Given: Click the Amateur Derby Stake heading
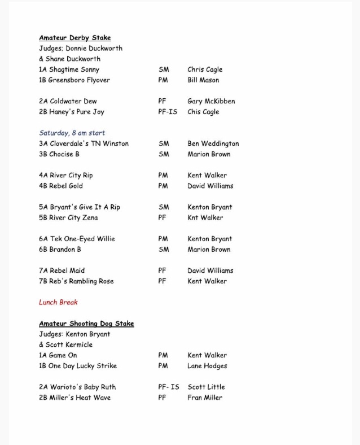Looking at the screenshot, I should click(75, 38).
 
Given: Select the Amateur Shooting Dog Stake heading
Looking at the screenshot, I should click(86, 324).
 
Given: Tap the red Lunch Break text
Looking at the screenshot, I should click(58, 302).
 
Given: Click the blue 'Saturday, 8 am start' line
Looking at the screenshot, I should click(72, 133).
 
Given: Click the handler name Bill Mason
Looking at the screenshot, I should click(203, 80).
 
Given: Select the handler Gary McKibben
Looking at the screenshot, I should click(211, 102).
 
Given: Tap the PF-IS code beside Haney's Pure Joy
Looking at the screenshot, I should click(168, 112).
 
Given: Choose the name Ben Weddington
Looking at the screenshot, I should click(214, 144).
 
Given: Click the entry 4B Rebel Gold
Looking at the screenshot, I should click(61, 186).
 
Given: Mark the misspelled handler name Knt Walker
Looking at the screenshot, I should click(205, 217).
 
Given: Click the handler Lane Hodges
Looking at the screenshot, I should click(207, 366).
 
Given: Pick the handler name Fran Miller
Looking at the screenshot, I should click(205, 398).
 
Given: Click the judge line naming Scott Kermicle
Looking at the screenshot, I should click(65, 344).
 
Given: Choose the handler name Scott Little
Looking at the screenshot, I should click(206, 387).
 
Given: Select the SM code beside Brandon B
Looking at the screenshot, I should click(164, 250).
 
